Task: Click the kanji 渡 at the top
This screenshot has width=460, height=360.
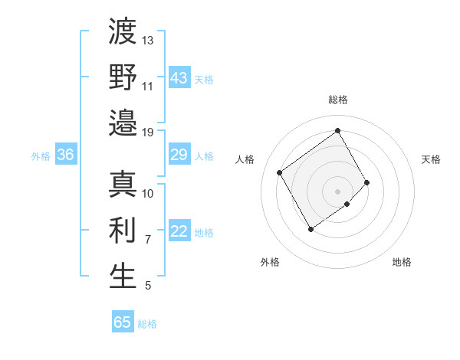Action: [123, 32]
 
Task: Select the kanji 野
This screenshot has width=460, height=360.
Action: [123, 77]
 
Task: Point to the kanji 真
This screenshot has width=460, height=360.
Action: [123, 185]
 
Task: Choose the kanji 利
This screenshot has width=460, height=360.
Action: [123, 231]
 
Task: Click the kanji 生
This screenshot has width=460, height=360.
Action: [123, 277]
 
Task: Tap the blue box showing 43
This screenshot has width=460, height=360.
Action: [179, 78]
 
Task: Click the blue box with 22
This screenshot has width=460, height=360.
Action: [179, 232]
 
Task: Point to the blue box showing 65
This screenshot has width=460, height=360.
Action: [123, 322]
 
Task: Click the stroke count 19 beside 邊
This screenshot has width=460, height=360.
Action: [148, 132]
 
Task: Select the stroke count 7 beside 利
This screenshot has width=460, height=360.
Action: [147, 240]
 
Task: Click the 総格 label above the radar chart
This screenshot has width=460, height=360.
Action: [338, 100]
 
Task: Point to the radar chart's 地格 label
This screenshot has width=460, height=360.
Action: [402, 263]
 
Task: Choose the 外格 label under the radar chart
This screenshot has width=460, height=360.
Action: [270, 263]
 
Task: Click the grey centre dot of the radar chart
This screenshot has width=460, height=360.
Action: [337, 190]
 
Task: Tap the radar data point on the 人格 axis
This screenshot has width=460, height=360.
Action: [280, 172]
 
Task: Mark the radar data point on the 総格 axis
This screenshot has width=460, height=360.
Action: [337, 130]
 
